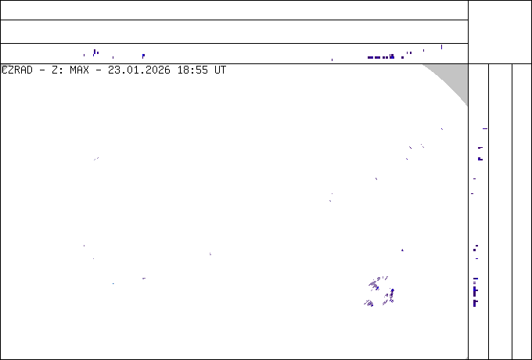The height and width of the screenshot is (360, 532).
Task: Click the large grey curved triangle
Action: click(455, 77)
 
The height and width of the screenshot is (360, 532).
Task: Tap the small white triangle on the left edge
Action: click(4, 68)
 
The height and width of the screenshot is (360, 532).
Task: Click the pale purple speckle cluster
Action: click(380, 292)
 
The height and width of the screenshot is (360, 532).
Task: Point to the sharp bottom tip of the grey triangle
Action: click(467, 106)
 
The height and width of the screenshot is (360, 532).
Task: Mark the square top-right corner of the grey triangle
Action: click(467, 65)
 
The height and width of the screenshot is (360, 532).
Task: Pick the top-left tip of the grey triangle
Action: click(423, 65)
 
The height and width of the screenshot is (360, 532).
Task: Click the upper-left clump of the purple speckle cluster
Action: click(376, 283)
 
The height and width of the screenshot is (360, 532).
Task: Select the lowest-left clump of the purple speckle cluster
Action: click(368, 303)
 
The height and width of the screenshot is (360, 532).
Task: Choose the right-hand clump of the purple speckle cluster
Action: click(389, 296)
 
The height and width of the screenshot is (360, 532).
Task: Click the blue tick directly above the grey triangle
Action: click(440, 47)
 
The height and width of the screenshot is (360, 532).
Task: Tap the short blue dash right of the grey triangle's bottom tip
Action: click(484, 128)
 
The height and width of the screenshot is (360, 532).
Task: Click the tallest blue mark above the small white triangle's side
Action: click(95, 52)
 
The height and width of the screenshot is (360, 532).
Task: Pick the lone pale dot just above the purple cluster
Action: click(402, 250)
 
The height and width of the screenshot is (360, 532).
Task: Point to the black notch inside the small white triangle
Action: click(5, 69)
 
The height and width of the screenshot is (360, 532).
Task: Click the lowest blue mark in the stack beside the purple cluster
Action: click(475, 304)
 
